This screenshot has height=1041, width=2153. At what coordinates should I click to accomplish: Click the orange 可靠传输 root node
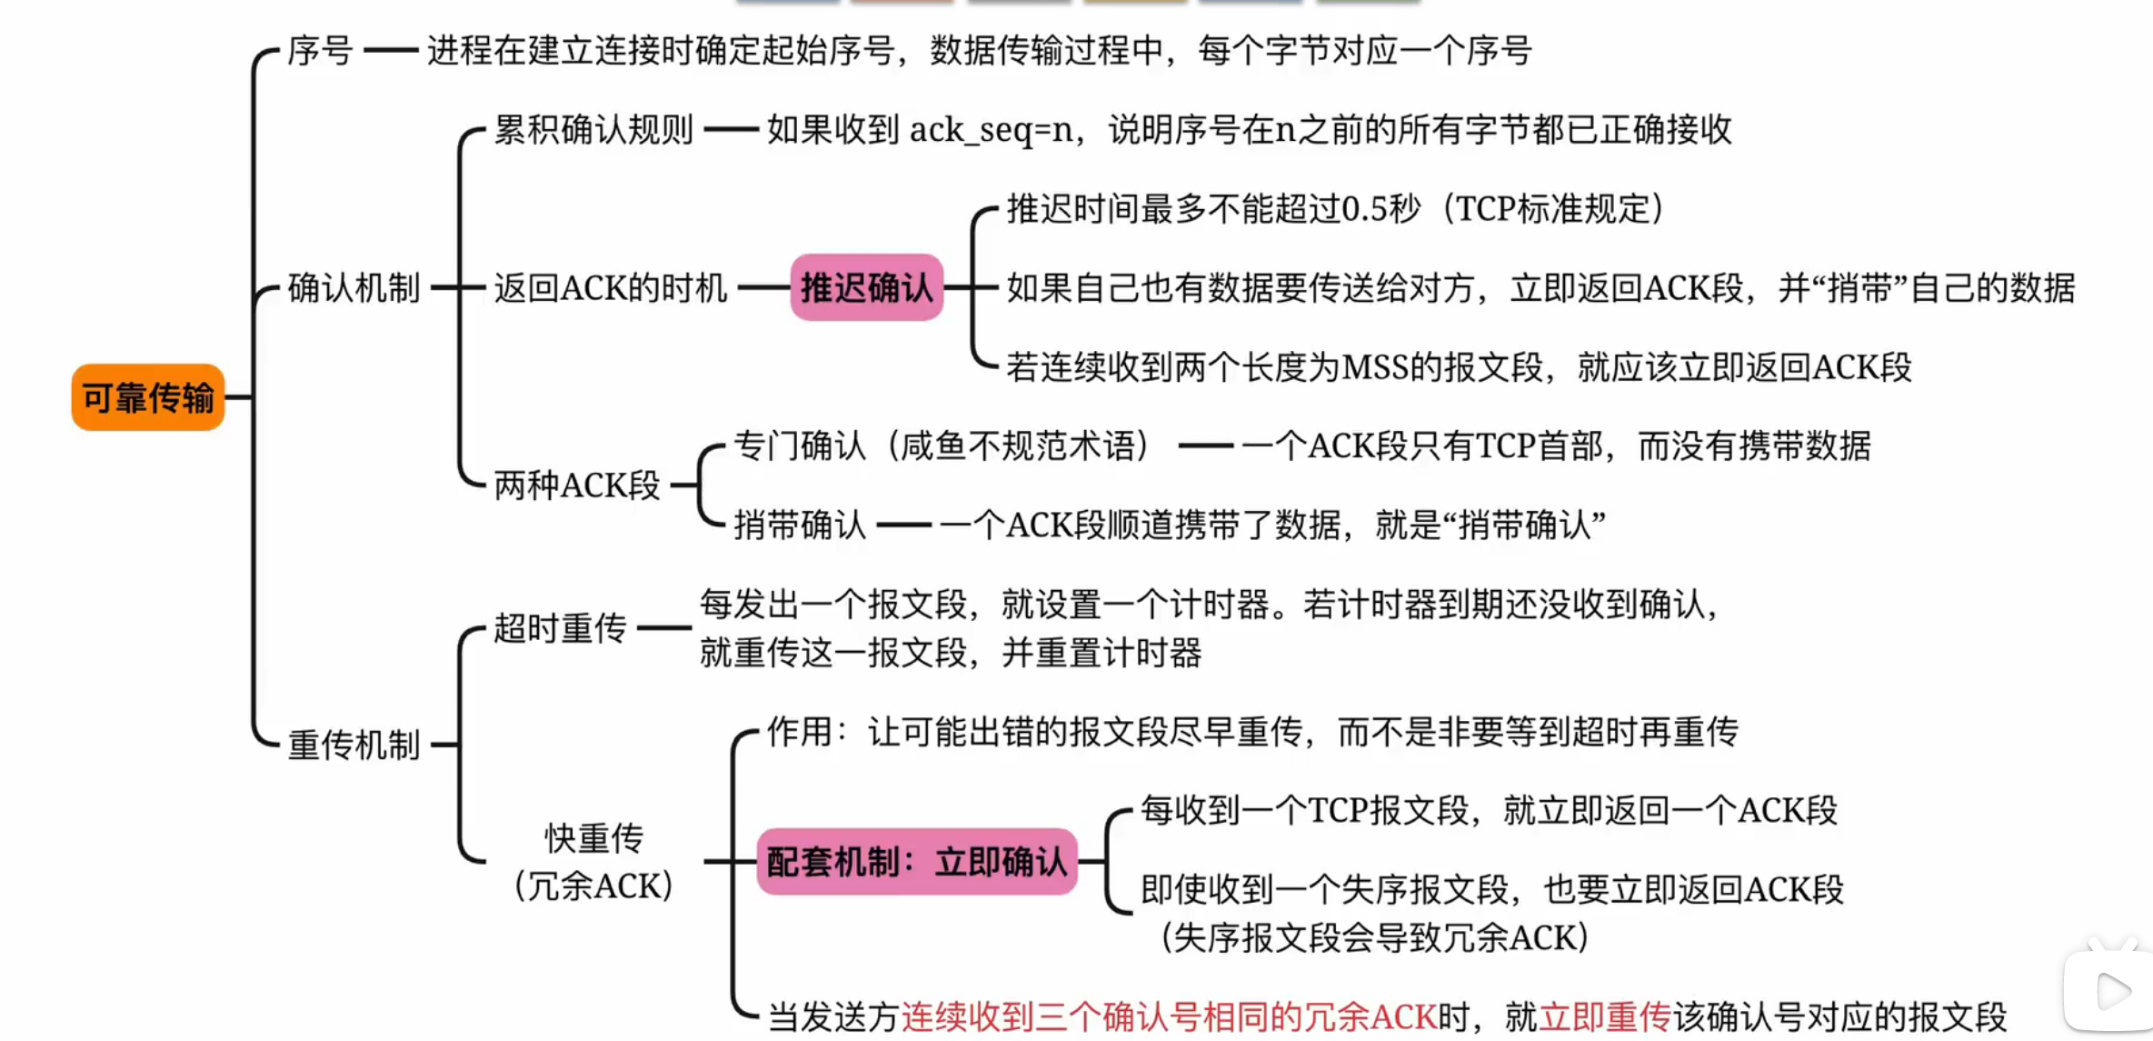(x=148, y=397)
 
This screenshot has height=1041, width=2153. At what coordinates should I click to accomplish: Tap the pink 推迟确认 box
(x=866, y=287)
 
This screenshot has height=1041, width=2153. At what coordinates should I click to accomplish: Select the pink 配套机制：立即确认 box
(x=916, y=861)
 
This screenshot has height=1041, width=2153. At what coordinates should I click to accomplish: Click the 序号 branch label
(x=320, y=51)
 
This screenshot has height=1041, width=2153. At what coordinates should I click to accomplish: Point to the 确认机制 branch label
(x=354, y=288)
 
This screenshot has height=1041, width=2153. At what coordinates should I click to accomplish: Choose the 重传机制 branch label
(x=354, y=746)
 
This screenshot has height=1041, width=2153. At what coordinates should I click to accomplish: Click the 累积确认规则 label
(x=593, y=130)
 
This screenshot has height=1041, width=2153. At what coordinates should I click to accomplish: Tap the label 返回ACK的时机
(x=610, y=288)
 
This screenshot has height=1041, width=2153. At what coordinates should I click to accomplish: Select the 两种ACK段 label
(x=576, y=485)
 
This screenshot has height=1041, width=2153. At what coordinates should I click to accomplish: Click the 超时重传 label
(x=560, y=628)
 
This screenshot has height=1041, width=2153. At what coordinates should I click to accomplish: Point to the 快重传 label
(x=594, y=838)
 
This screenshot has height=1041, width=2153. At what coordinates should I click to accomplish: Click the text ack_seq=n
(x=991, y=131)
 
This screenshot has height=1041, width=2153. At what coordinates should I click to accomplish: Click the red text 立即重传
(x=1604, y=1016)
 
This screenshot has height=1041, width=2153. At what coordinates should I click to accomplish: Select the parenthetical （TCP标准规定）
(x=1555, y=209)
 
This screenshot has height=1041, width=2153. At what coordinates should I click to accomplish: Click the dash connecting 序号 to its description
(x=390, y=51)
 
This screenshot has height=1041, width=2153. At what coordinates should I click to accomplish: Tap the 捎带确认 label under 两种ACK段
(x=800, y=526)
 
